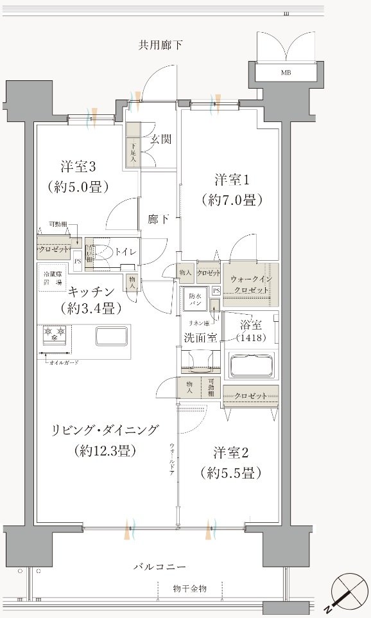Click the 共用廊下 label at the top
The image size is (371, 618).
(160, 45)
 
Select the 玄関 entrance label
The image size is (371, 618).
(160, 139)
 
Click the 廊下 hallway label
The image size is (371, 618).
(159, 220)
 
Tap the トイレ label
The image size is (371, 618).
(125, 251)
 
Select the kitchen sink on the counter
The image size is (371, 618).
(111, 337)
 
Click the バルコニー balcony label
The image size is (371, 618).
(160, 567)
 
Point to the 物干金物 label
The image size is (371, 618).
(189, 588)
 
